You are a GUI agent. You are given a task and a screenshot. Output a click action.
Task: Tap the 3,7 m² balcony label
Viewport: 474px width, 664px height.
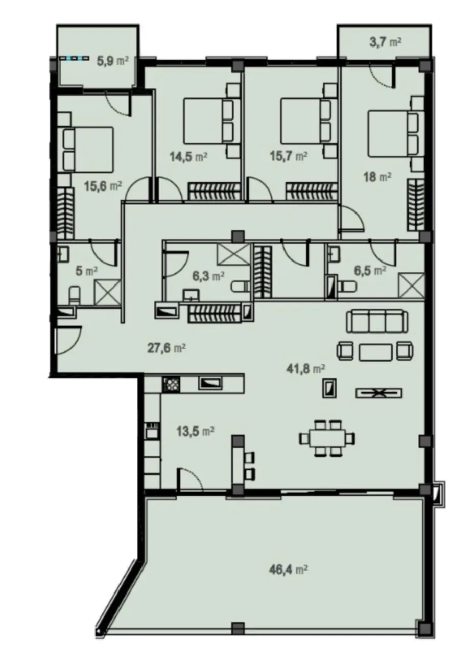tap(385, 43)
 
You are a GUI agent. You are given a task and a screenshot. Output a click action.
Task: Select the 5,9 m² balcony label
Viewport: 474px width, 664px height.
tap(113, 62)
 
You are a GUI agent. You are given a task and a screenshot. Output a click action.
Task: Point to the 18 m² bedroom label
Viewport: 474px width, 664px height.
tap(377, 177)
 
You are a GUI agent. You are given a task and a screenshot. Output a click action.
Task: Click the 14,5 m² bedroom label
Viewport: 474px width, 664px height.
tap(188, 156)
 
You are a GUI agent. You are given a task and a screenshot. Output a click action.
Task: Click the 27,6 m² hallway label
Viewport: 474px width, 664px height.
tap(167, 348)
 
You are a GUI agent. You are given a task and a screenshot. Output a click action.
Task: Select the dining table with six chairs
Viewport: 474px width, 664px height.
tap(327, 438)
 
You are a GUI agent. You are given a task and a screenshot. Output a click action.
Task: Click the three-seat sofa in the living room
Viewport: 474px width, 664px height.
tap(377, 321)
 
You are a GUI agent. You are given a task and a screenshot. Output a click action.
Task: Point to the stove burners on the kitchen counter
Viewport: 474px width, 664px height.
tap(171, 385)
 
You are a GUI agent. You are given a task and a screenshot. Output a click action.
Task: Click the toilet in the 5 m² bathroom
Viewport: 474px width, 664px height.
tap(74, 295)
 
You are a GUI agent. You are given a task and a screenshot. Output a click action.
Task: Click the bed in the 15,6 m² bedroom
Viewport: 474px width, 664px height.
tap(85, 149)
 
